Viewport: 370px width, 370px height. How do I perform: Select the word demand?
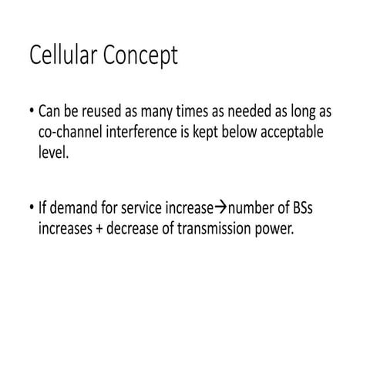(x=79, y=207)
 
